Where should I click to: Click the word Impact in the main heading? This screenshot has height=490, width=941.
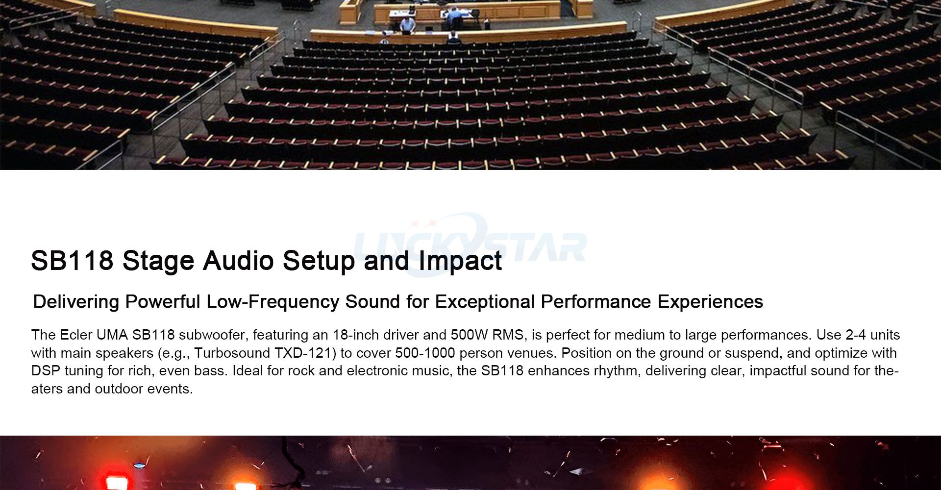click(460, 260)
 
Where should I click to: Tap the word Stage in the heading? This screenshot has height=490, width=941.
click(158, 260)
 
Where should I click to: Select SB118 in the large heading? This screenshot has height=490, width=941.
click(72, 260)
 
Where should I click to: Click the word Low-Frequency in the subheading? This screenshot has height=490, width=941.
click(272, 302)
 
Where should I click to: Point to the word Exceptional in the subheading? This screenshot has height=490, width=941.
click(485, 302)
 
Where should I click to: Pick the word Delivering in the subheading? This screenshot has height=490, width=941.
click(76, 302)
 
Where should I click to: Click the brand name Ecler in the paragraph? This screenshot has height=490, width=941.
click(76, 335)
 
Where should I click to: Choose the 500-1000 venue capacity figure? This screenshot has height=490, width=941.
click(425, 353)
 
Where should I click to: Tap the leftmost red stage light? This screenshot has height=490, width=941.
click(116, 483)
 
